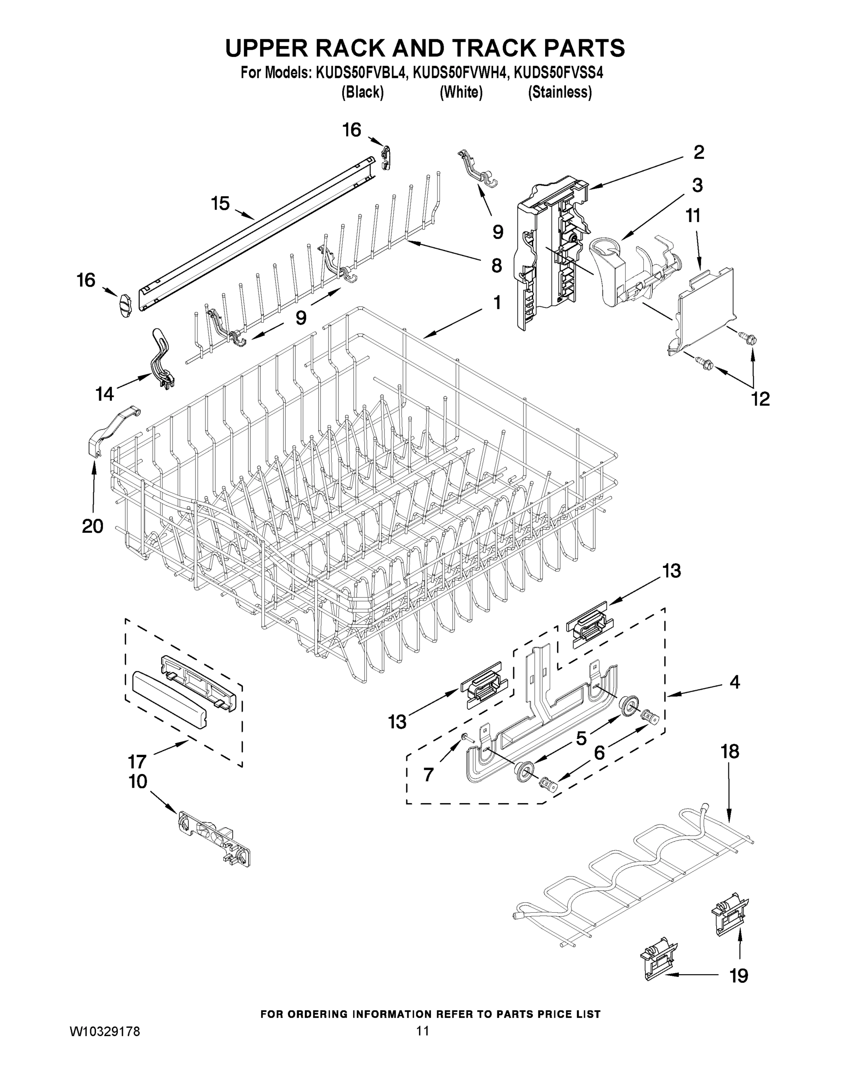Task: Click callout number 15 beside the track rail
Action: [x=220, y=203]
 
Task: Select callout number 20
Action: [x=92, y=526]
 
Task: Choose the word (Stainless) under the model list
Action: [x=560, y=92]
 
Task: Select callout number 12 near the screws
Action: [x=760, y=399]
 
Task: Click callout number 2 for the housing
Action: [x=698, y=152]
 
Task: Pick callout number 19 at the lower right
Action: [x=738, y=975]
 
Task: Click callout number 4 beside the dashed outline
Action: [x=734, y=682]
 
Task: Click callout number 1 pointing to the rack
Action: [x=496, y=303]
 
